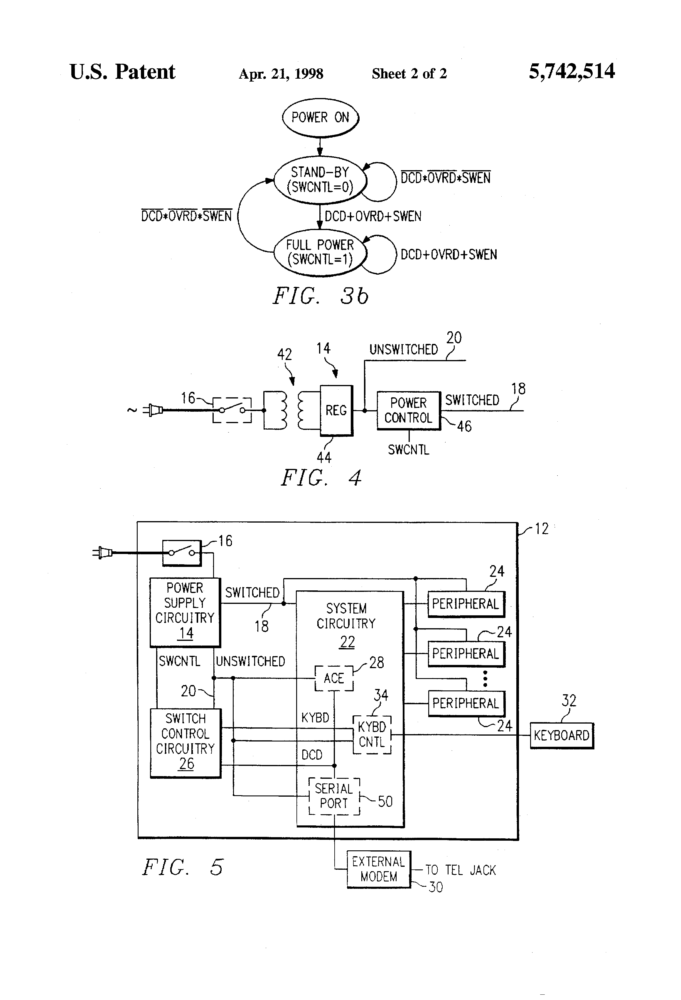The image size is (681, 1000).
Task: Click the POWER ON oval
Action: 320,117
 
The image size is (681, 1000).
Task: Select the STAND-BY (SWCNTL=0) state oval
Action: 320,180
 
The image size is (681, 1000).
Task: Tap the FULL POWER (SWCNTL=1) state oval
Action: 320,252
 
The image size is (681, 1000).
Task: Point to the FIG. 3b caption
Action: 321,296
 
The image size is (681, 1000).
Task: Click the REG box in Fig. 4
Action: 336,410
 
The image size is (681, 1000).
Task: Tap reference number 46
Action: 464,426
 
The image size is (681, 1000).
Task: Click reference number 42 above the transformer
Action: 284,354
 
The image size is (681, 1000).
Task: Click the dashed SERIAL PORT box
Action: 334,796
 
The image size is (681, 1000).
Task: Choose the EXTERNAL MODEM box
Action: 379,869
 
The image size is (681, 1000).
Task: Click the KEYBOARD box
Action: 561,735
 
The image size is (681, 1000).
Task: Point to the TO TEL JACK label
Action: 461,870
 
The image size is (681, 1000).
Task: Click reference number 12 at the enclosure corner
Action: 542,529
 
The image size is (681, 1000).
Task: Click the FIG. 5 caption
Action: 183,867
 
